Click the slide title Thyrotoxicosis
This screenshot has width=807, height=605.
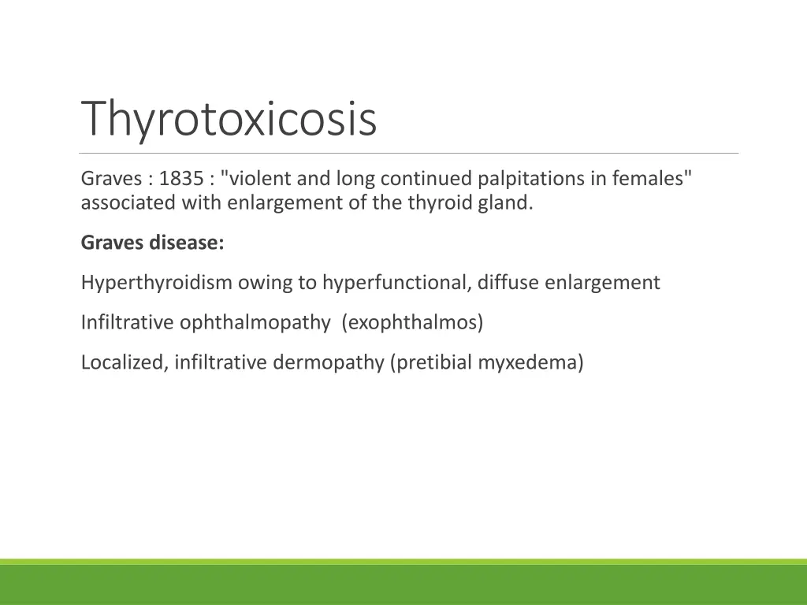[x=229, y=118]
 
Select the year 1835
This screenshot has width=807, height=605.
[x=181, y=179]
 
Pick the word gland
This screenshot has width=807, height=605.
[x=510, y=203]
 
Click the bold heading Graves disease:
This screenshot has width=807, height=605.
[x=152, y=243]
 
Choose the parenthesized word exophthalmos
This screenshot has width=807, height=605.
[x=412, y=323]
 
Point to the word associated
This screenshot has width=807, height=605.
[x=128, y=203]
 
